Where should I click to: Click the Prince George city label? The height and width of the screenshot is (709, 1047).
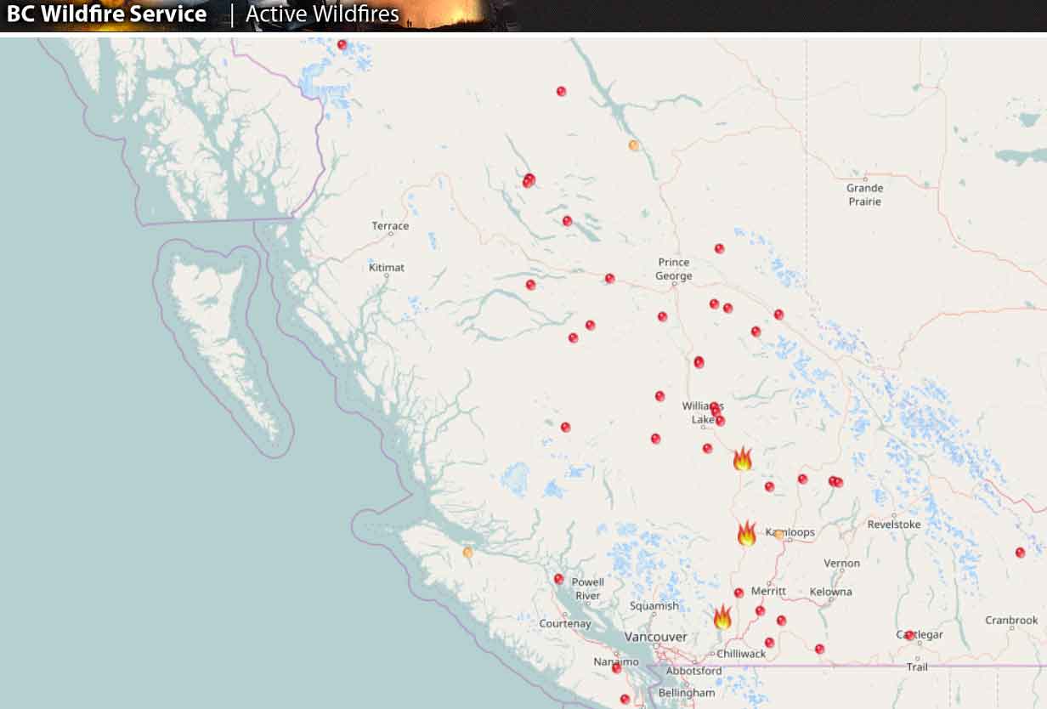pyautogui.click(x=674, y=269)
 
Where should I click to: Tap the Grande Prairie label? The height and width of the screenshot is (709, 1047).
pyautogui.click(x=864, y=195)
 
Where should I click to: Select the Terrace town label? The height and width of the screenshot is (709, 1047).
pyautogui.click(x=390, y=226)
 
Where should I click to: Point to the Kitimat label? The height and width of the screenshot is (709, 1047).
pyautogui.click(x=387, y=268)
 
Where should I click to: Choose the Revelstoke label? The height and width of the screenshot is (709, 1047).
pyautogui.click(x=894, y=525)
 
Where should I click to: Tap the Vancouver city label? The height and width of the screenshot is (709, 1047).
pyautogui.click(x=655, y=637)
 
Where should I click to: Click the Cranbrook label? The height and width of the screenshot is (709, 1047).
pyautogui.click(x=1011, y=621)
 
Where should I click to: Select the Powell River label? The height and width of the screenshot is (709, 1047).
pyautogui.click(x=587, y=588)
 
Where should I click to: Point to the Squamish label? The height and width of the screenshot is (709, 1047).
pyautogui.click(x=654, y=606)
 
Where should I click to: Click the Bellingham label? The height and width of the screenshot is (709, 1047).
pyautogui.click(x=687, y=693)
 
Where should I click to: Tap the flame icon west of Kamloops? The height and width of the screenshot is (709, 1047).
pyautogui.click(x=746, y=534)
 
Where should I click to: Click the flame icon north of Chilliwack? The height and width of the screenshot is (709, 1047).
pyautogui.click(x=722, y=617)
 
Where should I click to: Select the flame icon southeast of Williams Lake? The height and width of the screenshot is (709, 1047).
pyautogui.click(x=742, y=459)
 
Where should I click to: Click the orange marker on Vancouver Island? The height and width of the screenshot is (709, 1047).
pyautogui.click(x=467, y=553)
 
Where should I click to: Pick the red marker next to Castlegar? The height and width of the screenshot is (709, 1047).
pyautogui.click(x=909, y=635)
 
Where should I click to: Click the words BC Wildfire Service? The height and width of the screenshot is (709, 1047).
pyautogui.click(x=107, y=14)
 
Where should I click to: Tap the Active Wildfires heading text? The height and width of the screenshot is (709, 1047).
pyautogui.click(x=322, y=14)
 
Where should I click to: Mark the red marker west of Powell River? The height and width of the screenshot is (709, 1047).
pyautogui.click(x=558, y=579)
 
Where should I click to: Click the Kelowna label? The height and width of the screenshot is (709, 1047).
pyautogui.click(x=830, y=592)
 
